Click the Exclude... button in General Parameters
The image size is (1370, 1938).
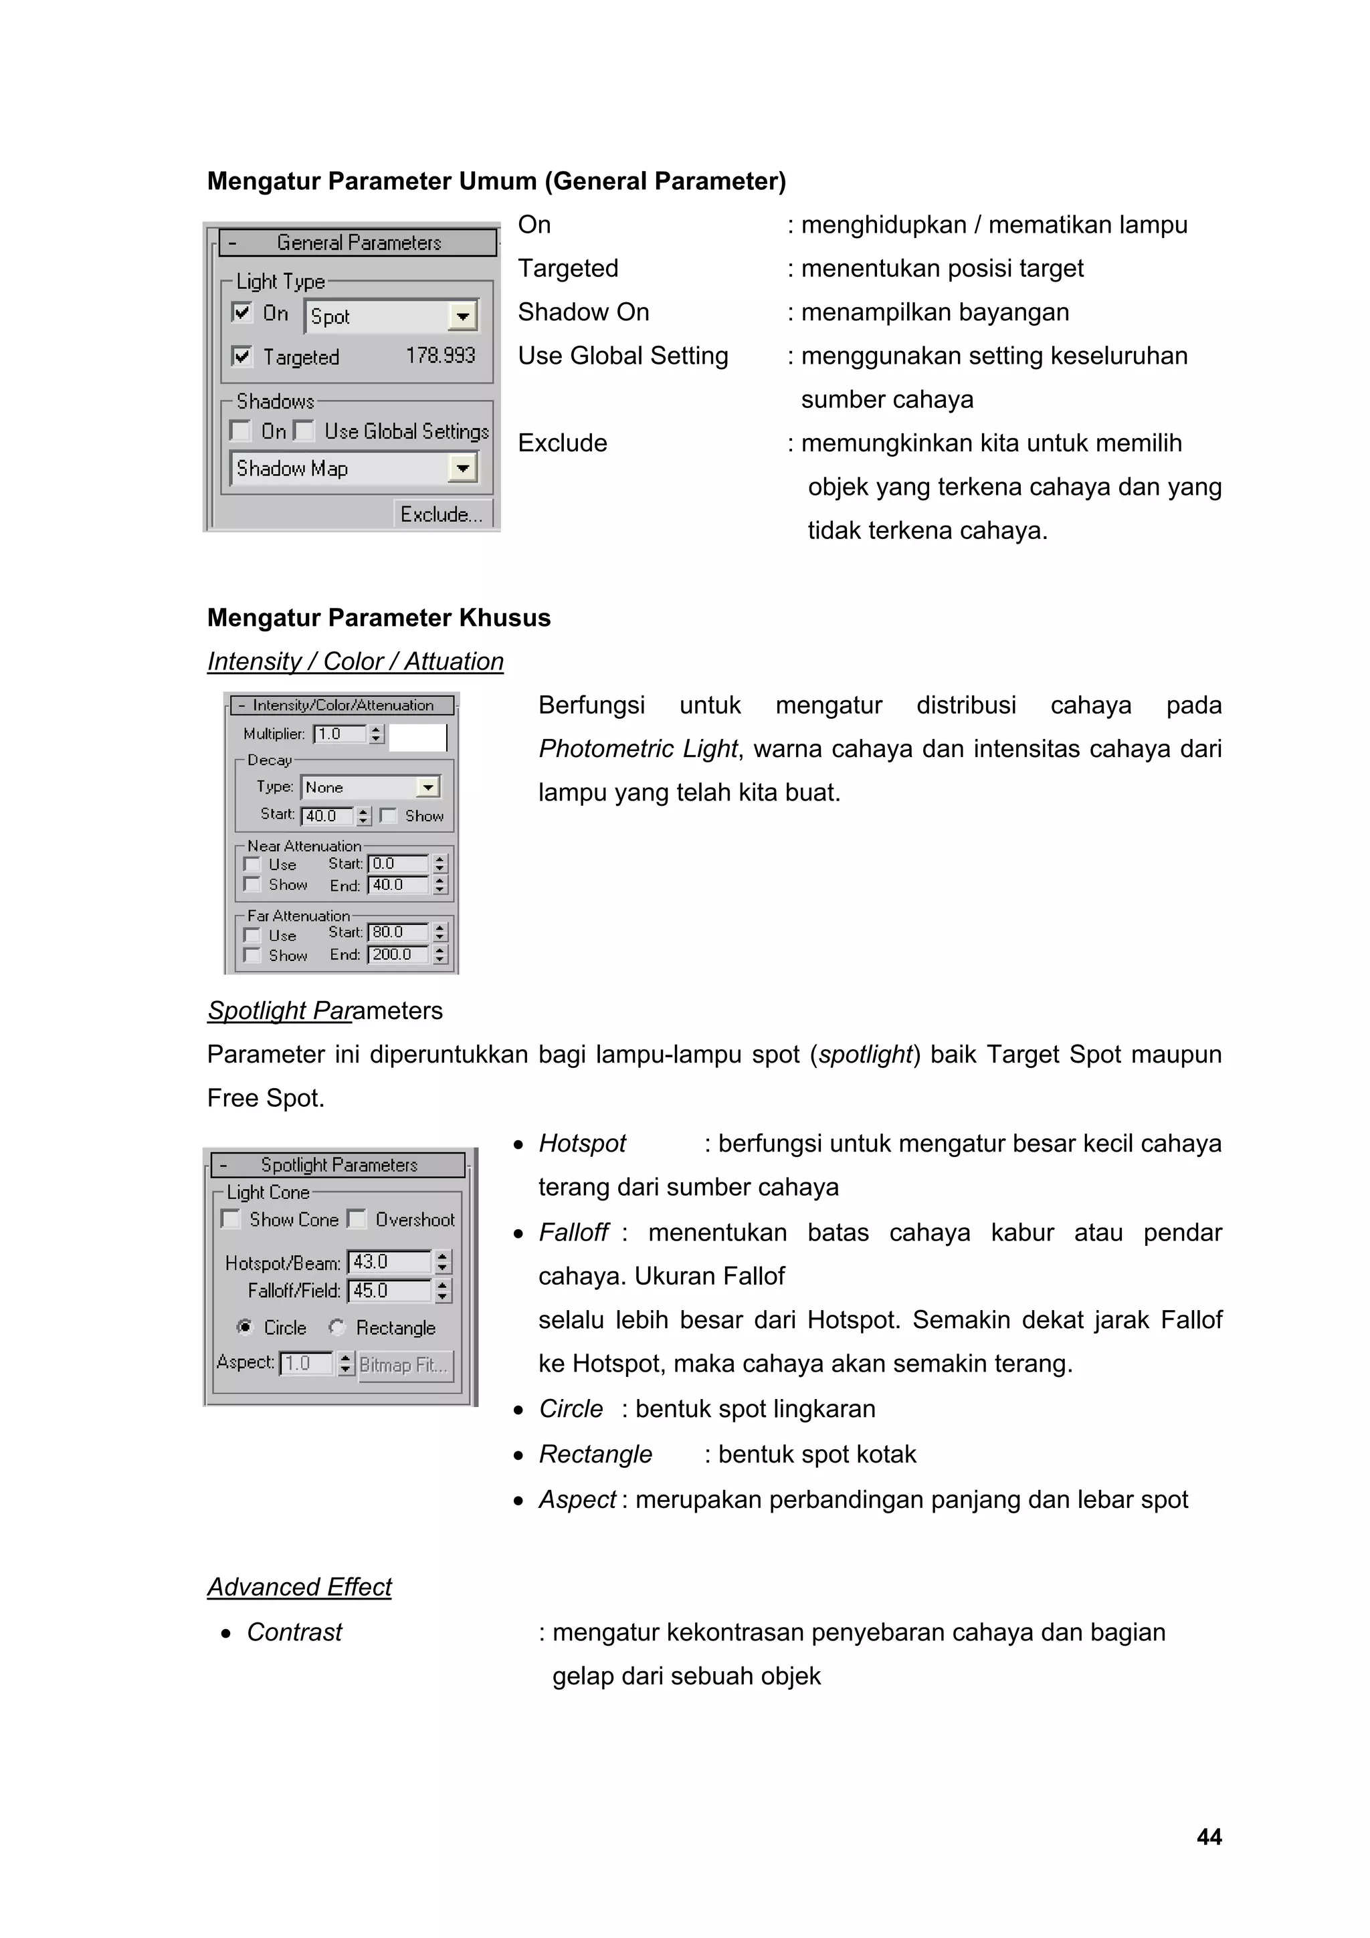(x=442, y=514)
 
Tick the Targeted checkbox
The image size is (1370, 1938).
(x=242, y=356)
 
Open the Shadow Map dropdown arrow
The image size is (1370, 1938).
(x=462, y=469)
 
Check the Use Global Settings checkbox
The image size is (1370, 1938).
(x=304, y=431)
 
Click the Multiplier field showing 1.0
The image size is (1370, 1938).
(x=339, y=734)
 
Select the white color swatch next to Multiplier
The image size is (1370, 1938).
(x=417, y=737)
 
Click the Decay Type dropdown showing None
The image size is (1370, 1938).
(x=370, y=786)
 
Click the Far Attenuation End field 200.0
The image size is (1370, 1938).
(x=397, y=954)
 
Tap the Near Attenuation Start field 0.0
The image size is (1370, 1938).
(x=397, y=863)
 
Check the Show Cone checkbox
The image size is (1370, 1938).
(x=230, y=1219)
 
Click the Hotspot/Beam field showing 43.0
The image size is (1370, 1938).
(x=388, y=1262)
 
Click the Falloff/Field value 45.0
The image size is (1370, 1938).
(x=388, y=1291)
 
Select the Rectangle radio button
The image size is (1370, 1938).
(x=336, y=1327)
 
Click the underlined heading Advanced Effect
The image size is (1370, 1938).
(x=300, y=1587)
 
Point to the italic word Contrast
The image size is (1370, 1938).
(x=294, y=1632)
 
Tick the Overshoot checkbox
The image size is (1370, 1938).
(x=357, y=1219)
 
